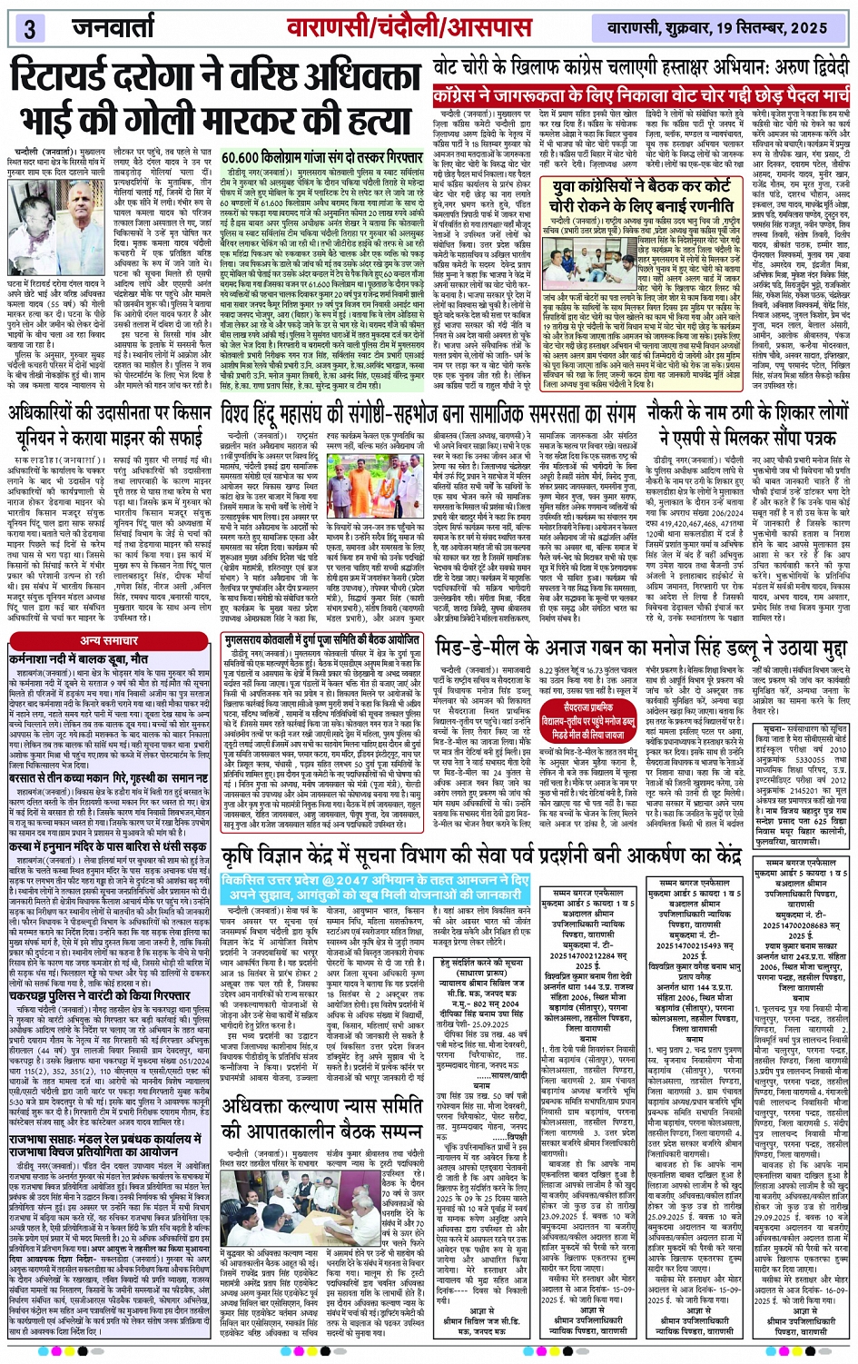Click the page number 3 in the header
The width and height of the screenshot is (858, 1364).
pyautogui.click(x=30, y=28)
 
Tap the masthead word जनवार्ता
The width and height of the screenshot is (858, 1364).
pyautogui.click(x=122, y=27)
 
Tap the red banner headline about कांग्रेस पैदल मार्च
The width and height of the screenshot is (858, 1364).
pyautogui.click(x=640, y=95)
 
